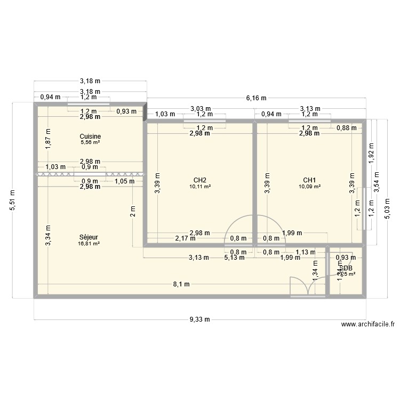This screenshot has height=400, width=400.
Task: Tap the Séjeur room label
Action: [89, 237]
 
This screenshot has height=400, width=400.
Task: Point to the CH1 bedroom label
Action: [309, 180]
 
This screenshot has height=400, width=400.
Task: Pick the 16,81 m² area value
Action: [89, 244]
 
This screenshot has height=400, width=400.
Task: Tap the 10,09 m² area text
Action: [309, 187]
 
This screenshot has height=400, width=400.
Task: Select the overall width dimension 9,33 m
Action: [200, 319]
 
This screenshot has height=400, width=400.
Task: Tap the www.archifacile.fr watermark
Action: [367, 324]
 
